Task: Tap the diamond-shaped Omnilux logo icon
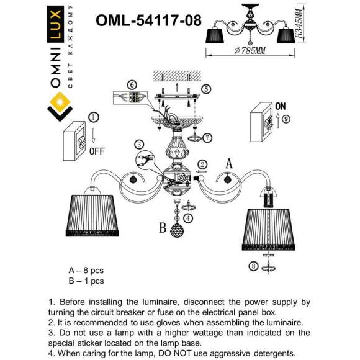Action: point(61,106)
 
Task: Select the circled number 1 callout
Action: point(93,117)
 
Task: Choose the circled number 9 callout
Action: point(286,119)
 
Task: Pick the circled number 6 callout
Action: point(131,84)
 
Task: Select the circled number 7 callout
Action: point(207,137)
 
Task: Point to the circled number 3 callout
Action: point(140,143)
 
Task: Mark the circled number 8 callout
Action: point(253,266)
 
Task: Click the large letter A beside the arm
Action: point(228,164)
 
